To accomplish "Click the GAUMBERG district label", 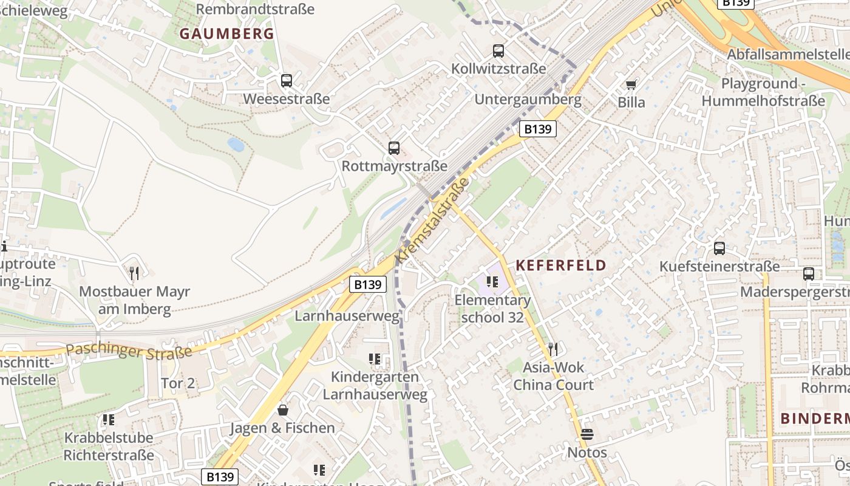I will point(227,34).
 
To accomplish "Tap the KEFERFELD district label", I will point(561,265).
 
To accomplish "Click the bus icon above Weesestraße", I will point(287,80).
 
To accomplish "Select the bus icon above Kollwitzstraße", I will point(498,51).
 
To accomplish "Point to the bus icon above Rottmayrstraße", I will point(394,148).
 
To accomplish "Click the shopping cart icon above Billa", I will point(631,84).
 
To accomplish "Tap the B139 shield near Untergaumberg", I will point(538,129).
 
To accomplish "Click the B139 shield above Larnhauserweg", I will point(368,284).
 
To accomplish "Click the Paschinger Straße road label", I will point(129,351).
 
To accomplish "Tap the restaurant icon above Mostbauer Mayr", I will point(134,273).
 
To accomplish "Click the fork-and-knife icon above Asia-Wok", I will point(552,349).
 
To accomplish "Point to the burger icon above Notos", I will point(586,434).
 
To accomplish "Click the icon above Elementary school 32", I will point(492,282).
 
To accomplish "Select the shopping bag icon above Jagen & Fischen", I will point(282,410).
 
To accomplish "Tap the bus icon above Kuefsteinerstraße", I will point(719,248).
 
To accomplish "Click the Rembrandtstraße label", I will point(256,9).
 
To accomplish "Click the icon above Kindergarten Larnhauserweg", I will point(375,359).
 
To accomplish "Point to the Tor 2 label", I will point(178,383).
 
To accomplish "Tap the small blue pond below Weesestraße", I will point(236,145).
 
